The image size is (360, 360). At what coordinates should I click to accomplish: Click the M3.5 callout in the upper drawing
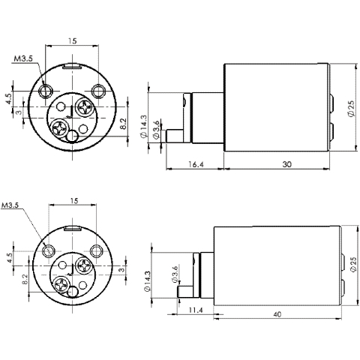(x=23, y=58)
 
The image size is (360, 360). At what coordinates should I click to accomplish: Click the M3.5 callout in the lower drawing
(x=13, y=205)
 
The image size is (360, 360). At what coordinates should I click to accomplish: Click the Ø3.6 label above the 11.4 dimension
(x=174, y=275)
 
